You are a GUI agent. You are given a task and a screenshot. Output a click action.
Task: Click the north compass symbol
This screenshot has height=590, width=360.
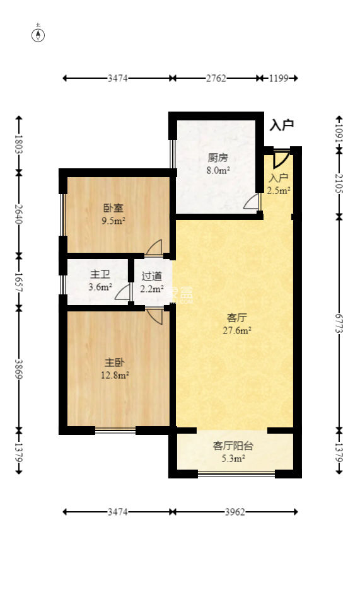pyautogui.click(x=38, y=35)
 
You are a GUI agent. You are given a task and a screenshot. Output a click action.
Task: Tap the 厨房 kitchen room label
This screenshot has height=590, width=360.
pyautogui.click(x=218, y=158)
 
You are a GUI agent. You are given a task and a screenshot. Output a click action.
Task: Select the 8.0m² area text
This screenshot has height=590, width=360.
pyautogui.click(x=218, y=170)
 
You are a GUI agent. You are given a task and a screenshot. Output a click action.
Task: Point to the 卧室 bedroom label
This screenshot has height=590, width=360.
pyautogui.click(x=113, y=209)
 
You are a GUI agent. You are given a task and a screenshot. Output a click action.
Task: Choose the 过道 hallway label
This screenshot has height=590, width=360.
pyautogui.click(x=152, y=276)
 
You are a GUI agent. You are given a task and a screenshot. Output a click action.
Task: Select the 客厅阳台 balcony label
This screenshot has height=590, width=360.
pyautogui.click(x=233, y=446)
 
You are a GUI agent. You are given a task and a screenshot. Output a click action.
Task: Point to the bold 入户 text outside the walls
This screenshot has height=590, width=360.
pyautogui.click(x=281, y=125)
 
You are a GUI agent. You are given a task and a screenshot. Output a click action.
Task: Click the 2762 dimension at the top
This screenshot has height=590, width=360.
pyautogui.click(x=216, y=79)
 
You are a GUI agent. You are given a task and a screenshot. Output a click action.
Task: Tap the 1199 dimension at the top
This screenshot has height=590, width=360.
pyautogui.click(x=278, y=79)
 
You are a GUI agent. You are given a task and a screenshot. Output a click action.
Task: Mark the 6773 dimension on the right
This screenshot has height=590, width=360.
pyautogui.click(x=339, y=323)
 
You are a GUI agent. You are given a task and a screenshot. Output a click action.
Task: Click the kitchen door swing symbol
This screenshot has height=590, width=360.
pyautogui.click(x=252, y=202)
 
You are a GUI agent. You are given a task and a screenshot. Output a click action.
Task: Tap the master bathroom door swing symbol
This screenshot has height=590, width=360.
pyautogui.click(x=123, y=292)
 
